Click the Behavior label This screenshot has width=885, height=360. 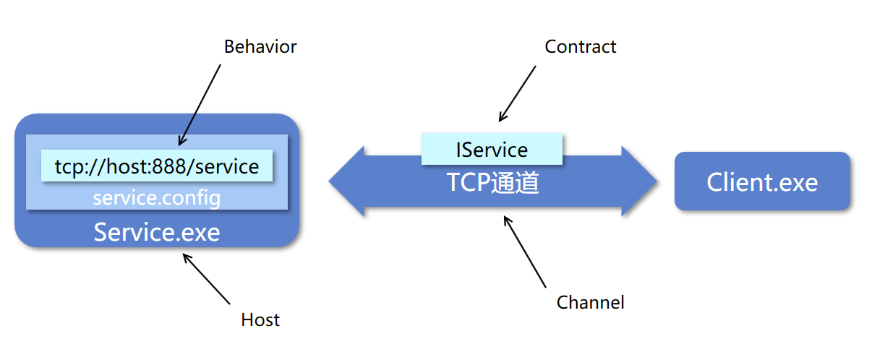pos(260,47)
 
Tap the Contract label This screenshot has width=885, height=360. pos(580,47)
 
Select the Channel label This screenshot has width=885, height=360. pos(590,302)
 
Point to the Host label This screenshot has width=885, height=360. pos(260,320)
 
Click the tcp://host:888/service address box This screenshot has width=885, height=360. pos(157,166)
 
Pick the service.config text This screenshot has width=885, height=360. pos(157,197)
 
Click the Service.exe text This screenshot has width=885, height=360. pos(157,232)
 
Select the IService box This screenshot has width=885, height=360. pos(492,150)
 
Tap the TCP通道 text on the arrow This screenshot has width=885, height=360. pos(492,183)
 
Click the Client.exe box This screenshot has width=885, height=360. pos(762,181)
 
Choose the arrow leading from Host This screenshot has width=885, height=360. pos(207,278)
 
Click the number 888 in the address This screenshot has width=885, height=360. pos(173,167)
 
